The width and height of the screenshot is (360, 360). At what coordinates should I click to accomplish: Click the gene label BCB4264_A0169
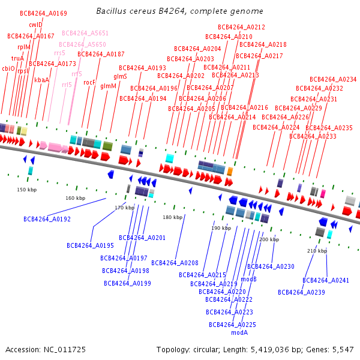(x=43, y=13)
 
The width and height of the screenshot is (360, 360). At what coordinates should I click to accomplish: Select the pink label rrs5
(x=59, y=53)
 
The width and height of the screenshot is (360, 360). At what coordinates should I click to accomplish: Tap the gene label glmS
(x=120, y=76)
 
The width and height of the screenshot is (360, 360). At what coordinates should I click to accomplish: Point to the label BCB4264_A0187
(x=101, y=54)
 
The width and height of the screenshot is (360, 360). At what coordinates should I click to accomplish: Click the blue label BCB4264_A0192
(x=47, y=219)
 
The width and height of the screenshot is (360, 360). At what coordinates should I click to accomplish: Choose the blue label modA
(x=239, y=332)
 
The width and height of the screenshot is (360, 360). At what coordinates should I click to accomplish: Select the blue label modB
(x=248, y=279)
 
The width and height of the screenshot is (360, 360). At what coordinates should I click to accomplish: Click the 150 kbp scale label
(x=27, y=190)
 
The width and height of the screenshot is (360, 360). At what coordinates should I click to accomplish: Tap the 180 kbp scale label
(x=173, y=217)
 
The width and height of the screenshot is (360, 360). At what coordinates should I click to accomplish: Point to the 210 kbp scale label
(x=317, y=251)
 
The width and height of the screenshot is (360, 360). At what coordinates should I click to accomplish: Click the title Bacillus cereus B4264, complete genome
(x=179, y=11)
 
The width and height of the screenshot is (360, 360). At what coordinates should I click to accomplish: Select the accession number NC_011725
(x=65, y=350)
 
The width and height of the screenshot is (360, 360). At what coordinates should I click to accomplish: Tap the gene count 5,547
(x=343, y=350)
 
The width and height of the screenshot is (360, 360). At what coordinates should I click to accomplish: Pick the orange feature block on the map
(x=230, y=172)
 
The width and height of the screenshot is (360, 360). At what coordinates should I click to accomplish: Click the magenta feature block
(x=323, y=194)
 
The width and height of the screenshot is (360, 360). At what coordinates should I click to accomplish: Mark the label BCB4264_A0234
(x=333, y=79)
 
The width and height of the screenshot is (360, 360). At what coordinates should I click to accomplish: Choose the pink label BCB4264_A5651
(x=85, y=33)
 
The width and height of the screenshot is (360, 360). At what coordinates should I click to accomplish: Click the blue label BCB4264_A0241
(x=326, y=280)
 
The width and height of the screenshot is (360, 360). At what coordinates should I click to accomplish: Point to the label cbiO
(x=8, y=68)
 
